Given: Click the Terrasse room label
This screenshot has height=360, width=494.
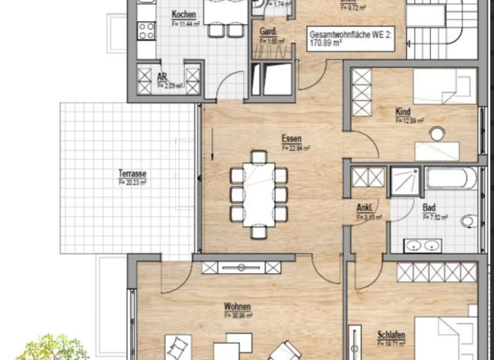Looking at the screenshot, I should (x=132, y=174).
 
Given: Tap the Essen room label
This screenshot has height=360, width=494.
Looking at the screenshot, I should (x=291, y=139).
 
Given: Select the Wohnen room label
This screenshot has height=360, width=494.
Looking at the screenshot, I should (x=237, y=307).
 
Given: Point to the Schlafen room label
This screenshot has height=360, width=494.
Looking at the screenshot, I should (x=391, y=335).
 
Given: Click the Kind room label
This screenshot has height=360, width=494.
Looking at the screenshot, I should (x=403, y=112).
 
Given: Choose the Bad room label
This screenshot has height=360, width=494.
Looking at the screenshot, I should (x=428, y=208).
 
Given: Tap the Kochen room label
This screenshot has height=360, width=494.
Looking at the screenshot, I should (x=183, y=15).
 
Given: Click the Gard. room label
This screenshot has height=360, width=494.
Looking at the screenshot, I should (x=268, y=32).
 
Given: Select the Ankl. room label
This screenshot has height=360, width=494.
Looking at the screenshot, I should (x=365, y=208).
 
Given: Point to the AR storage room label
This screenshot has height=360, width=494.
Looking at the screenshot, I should (x=162, y=76).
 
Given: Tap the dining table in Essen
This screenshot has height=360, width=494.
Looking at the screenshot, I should (x=259, y=193).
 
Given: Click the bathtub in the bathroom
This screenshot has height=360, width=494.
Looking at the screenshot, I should (x=451, y=178).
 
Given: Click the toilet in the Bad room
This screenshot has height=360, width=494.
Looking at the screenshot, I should (x=470, y=221).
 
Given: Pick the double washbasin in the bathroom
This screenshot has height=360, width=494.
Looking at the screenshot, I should (x=422, y=245).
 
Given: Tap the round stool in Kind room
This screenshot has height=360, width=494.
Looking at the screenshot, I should (x=437, y=134).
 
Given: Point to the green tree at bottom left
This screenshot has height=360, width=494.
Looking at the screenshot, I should (x=55, y=347).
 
